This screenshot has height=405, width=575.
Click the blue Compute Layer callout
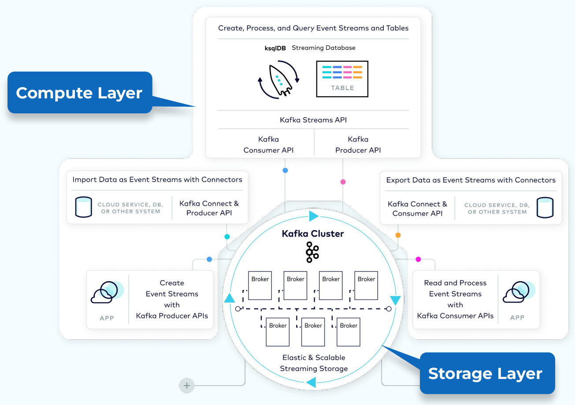[x=79, y=93]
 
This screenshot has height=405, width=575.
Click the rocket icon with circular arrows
[x=278, y=79]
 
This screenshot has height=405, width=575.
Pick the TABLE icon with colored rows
[x=342, y=79]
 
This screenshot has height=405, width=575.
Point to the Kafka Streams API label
[x=313, y=120]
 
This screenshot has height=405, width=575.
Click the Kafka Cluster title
[x=313, y=234]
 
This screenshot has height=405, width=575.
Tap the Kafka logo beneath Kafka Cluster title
[x=312, y=252]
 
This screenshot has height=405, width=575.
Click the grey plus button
[x=187, y=386]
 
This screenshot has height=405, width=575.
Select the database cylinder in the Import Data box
[x=84, y=207]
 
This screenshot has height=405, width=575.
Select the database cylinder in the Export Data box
[x=545, y=208]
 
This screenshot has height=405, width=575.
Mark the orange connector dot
[x=398, y=235]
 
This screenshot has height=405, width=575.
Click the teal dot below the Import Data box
[x=227, y=236]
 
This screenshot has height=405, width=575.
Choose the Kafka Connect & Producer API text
[x=209, y=208]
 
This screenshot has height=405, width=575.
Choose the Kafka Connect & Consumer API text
[x=417, y=209]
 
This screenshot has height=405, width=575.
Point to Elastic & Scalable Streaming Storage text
[x=314, y=363]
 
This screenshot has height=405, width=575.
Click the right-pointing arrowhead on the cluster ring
[x=314, y=216]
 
